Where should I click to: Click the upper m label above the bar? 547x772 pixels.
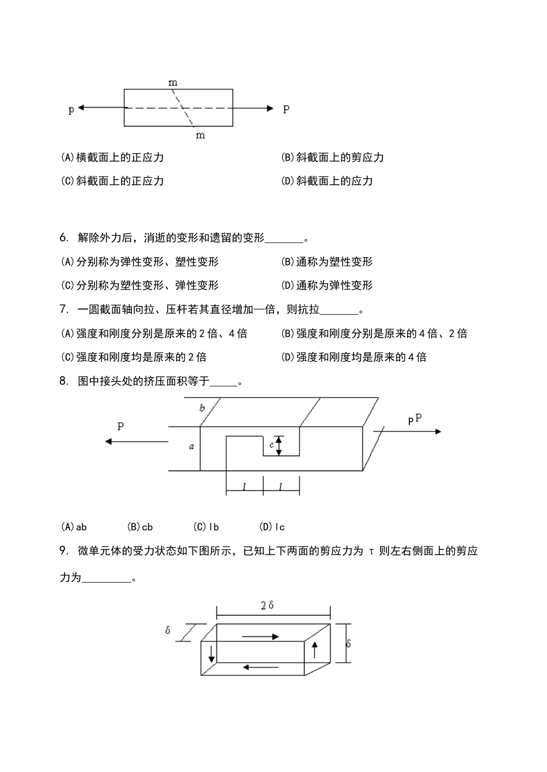pos(173,83)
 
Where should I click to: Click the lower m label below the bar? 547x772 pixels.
pos(200,135)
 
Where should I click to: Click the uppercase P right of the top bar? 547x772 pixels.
pos(286,109)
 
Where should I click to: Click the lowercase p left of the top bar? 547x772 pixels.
pos(71,109)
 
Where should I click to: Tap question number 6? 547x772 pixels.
pos(63,238)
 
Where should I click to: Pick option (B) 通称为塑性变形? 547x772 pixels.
pos(327,262)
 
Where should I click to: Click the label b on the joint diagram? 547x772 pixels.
pos(202,408)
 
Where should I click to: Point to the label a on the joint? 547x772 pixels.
pos(192,446)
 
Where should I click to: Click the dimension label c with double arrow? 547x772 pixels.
pos(271,445)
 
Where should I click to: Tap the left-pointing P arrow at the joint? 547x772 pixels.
pos(136,441)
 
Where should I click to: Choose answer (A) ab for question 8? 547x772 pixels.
pos(74,526)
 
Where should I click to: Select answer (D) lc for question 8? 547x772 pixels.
pos(272,526)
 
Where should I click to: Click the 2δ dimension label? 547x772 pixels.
pos(267,605)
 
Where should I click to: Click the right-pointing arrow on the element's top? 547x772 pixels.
pos(260,636)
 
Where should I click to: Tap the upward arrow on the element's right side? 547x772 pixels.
pos(314,650)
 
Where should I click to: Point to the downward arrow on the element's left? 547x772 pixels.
pos(212,652)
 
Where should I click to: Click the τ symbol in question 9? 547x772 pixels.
pos(371,551)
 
